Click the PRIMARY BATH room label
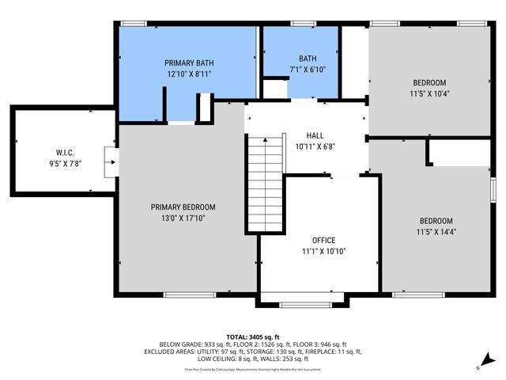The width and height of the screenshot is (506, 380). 189,63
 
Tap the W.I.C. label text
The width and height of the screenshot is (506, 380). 64,153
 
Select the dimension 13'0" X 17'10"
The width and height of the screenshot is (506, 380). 183,218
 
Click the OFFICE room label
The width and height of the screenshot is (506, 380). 323,240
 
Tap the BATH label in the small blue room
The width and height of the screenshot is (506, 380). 308,59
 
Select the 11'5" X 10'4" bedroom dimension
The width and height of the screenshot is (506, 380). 429,94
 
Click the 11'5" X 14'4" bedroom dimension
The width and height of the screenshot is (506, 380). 436,232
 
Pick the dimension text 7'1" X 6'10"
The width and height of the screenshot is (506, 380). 308,70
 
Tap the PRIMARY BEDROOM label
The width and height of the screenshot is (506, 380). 183,207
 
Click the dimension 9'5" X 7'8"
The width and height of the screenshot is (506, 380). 64,164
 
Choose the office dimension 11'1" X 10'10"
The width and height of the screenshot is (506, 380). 323,251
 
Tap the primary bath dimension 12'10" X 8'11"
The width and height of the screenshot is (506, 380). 189,74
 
